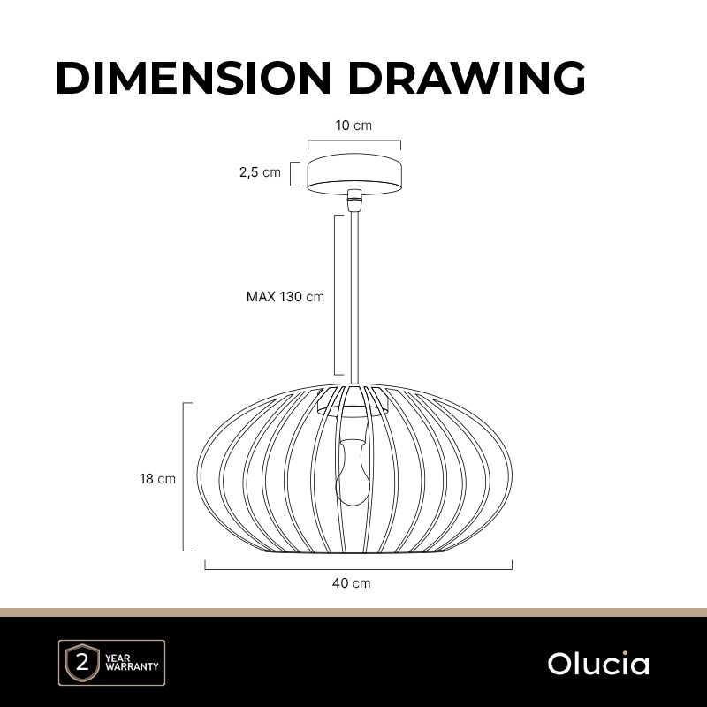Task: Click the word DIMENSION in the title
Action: [194, 78]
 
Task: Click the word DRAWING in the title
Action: [468, 78]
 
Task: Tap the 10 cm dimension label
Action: [353, 125]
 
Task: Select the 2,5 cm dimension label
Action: [260, 171]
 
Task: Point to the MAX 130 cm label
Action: [285, 297]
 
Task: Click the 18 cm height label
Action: [157, 478]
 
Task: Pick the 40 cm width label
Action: [351, 583]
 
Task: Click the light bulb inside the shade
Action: [353, 473]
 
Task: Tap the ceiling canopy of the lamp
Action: [354, 174]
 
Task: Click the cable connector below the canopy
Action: [355, 201]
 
